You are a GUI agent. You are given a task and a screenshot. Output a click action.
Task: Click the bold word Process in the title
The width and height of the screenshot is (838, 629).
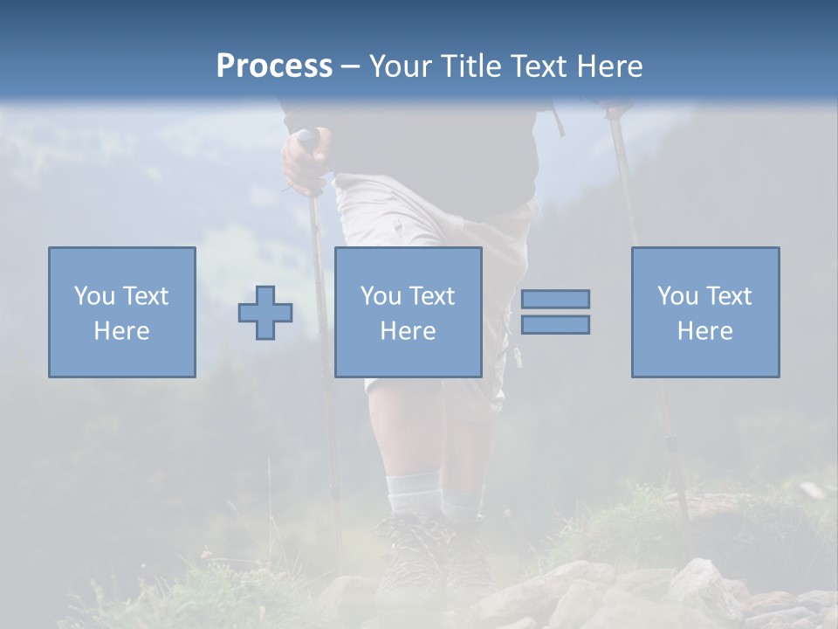[x=274, y=66]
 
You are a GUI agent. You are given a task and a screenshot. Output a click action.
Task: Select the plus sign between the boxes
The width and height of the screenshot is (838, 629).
[x=265, y=313]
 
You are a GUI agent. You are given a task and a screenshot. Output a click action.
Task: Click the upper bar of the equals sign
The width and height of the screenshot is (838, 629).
[x=555, y=299]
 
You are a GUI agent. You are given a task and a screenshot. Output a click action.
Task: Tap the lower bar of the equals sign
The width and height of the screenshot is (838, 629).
[x=555, y=325]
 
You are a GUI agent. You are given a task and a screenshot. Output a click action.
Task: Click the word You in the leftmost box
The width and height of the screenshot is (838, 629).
[x=94, y=296]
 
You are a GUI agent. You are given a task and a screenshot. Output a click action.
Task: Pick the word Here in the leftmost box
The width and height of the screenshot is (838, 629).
[x=121, y=331]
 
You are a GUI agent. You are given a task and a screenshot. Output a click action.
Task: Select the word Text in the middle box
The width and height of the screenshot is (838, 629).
[x=432, y=296]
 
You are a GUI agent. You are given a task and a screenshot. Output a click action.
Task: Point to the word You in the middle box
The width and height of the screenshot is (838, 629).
[x=381, y=296]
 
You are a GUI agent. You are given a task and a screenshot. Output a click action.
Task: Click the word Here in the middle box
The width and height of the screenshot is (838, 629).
[x=408, y=331]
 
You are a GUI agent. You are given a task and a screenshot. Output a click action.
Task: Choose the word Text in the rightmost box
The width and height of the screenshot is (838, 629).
[x=729, y=296]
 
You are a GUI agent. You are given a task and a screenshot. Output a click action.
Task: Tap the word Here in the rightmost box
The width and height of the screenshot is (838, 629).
[x=704, y=331]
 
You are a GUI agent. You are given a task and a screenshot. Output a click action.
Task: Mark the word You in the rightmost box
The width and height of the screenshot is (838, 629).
[x=677, y=296]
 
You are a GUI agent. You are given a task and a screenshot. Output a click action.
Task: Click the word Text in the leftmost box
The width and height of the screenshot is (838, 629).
[x=146, y=296]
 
